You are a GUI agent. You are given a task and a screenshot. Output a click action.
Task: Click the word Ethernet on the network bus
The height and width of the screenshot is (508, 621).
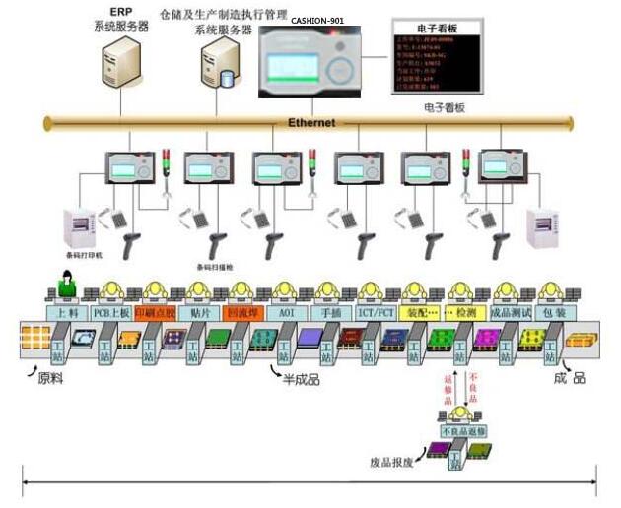(x=310, y=123)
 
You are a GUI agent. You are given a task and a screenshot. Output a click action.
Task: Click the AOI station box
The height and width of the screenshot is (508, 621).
(x=287, y=312)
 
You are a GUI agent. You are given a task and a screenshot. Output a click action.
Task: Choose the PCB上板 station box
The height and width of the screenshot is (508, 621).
(x=110, y=312)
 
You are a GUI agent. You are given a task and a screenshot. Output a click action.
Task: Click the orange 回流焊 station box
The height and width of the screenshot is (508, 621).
(x=242, y=312)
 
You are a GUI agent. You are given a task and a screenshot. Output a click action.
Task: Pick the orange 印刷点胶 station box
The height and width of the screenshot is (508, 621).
(x=156, y=312)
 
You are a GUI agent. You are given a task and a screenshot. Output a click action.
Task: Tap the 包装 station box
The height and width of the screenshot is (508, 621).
(x=554, y=312)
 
